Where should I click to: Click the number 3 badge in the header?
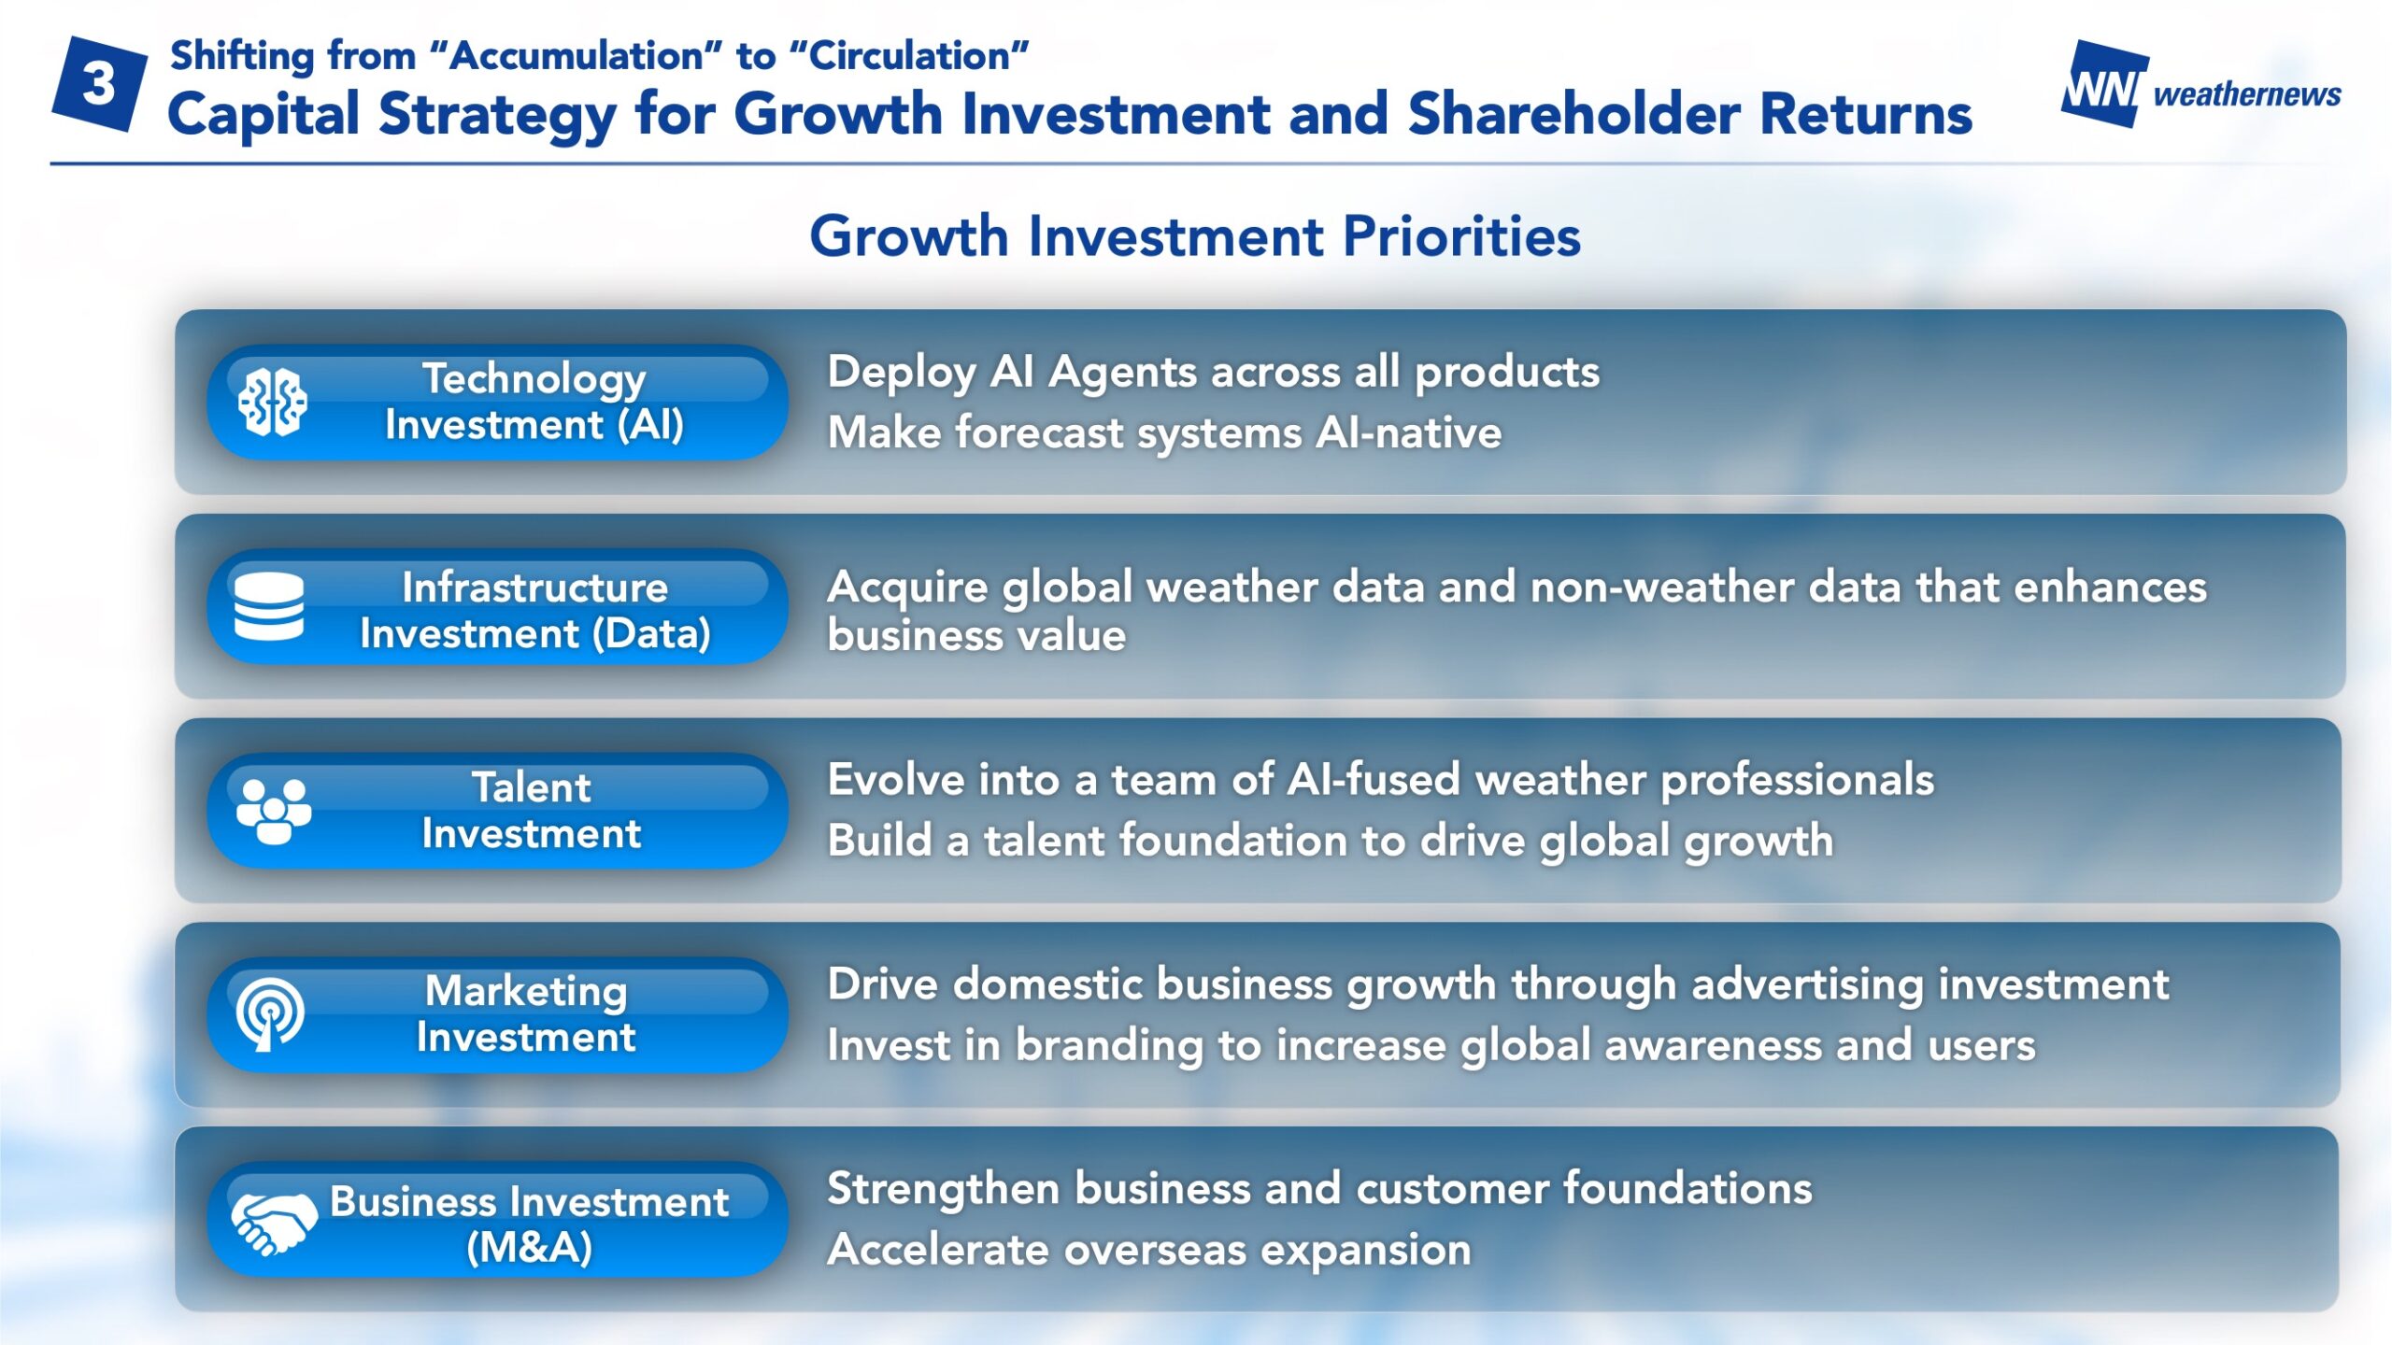pos(99,84)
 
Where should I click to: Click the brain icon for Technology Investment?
pos(272,403)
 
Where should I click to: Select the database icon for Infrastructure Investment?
pos(269,606)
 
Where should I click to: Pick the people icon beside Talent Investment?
pos(273,811)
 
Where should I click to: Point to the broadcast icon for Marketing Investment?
pos(270,1014)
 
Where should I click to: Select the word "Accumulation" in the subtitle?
pos(576,56)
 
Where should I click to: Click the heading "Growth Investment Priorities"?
pos(1195,235)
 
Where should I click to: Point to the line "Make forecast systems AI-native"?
pos(1164,432)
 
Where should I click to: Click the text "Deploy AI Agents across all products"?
pos(1213,372)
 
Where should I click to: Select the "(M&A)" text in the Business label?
pos(529,1247)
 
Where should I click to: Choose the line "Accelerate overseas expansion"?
pos(1149,1250)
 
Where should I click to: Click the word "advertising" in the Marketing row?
pos(1807,985)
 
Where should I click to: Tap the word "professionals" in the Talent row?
pos(1797,781)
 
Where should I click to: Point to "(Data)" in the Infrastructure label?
pos(651,634)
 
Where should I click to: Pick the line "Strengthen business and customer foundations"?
pos(1319,1189)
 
